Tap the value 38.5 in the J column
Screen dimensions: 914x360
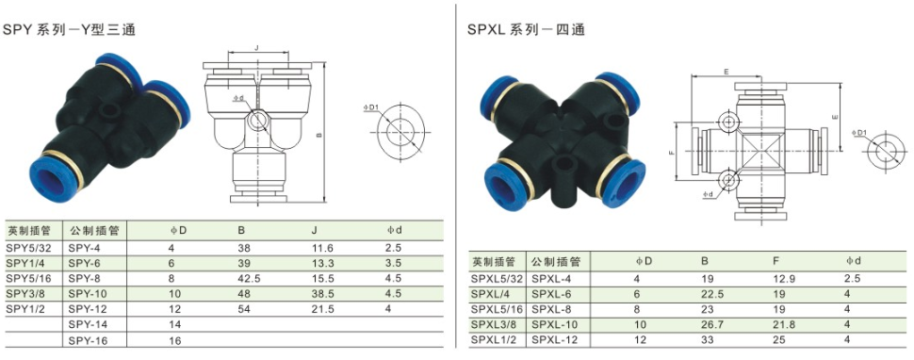(323, 292)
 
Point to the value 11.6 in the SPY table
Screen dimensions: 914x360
(323, 248)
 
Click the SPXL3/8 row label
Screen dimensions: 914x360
(494, 324)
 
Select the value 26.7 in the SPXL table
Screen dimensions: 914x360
(711, 324)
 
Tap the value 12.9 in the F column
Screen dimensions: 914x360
(783, 279)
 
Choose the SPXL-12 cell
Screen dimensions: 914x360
(554, 339)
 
